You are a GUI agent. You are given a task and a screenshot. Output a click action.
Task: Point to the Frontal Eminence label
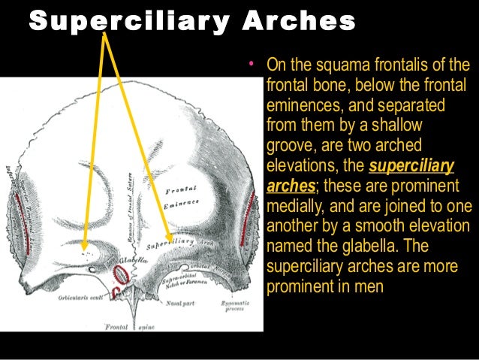[182, 196]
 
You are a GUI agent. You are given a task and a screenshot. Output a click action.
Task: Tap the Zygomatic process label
[231, 301]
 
